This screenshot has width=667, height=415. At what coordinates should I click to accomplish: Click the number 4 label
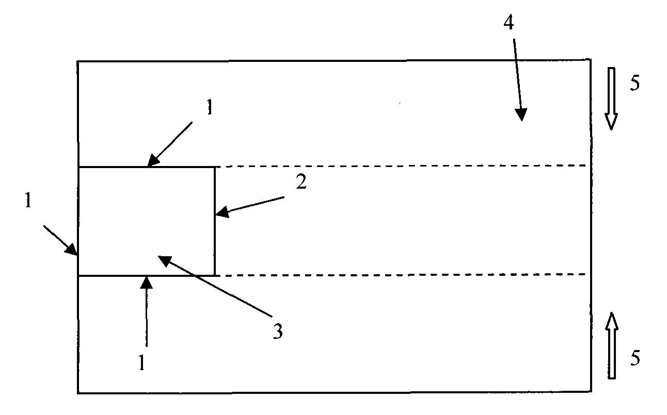coord(509,23)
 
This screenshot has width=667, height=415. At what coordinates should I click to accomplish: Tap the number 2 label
coord(301,182)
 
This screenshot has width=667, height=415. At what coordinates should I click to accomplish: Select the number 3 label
coord(278,331)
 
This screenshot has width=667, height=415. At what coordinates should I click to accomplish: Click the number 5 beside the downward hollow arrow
coord(635,83)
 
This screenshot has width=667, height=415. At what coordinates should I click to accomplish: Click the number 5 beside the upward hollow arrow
coord(635,358)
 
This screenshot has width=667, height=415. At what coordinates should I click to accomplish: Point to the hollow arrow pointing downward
coord(611,98)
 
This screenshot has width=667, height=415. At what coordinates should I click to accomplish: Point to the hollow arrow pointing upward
coord(612,346)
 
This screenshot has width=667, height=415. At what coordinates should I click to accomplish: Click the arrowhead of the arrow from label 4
coord(521,114)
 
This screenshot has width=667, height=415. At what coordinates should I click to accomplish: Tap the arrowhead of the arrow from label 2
coord(222,212)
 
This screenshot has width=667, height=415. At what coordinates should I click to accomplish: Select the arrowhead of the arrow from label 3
coord(165,260)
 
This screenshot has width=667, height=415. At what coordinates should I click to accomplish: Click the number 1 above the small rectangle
coord(210,107)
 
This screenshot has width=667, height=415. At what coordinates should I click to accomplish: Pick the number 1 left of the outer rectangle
coord(28,200)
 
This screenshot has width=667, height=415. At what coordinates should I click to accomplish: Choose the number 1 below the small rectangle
coord(142,362)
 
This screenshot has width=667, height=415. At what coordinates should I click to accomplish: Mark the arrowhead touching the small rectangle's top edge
coord(153,160)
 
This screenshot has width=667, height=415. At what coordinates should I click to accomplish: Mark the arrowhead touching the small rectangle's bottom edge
coord(146,283)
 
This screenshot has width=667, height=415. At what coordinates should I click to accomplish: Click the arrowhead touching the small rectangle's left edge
coord(71,249)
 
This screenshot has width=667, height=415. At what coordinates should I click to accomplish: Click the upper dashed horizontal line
coord(403,166)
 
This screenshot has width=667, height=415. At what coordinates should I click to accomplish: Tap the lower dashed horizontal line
coord(403,275)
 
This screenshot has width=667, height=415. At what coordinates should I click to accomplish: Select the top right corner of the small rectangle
coord(214,168)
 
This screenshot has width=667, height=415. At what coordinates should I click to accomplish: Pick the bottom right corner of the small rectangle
coord(214,276)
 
